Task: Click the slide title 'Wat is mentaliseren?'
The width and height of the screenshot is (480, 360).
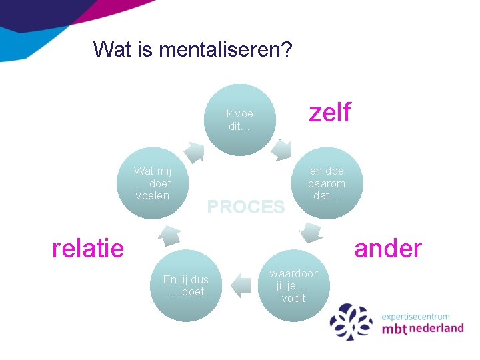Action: click(192, 49)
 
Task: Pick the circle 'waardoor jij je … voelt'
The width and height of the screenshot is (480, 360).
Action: click(293, 285)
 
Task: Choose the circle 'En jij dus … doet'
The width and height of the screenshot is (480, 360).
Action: click(186, 286)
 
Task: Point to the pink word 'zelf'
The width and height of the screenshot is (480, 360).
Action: click(329, 113)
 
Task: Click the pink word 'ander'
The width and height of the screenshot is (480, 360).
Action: click(387, 249)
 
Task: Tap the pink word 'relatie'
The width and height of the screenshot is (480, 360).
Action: click(88, 249)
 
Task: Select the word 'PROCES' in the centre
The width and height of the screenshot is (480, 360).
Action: click(245, 207)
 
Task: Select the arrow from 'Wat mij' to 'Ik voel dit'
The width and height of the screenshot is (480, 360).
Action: click(194, 151)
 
